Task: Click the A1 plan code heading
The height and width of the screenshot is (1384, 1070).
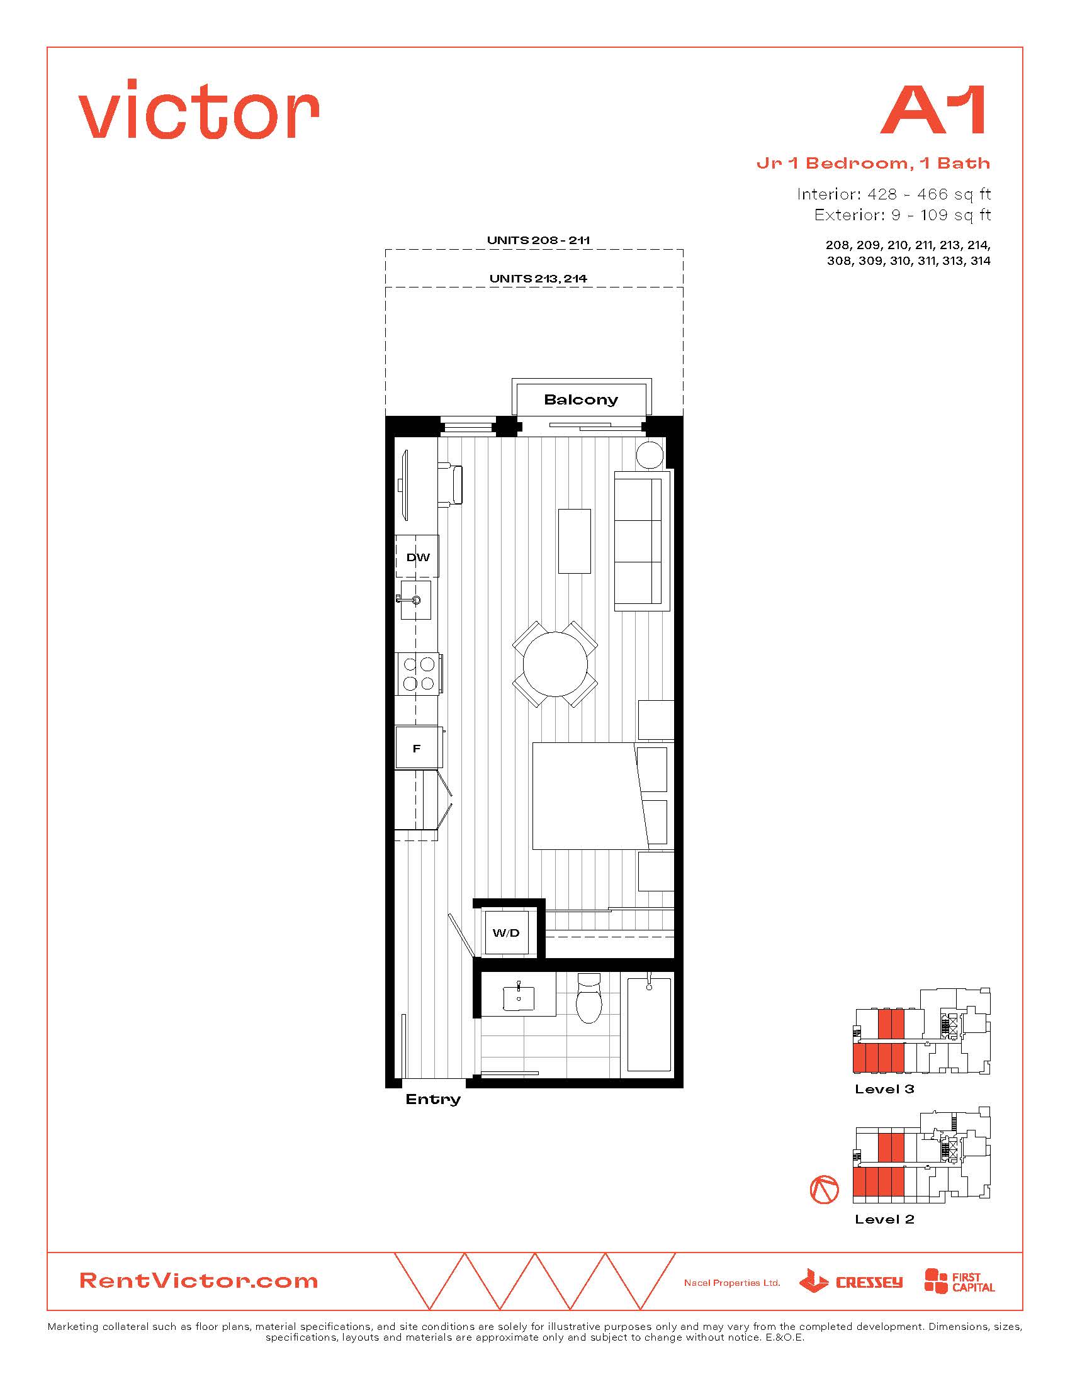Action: [x=933, y=110]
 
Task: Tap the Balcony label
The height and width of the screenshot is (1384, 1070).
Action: [x=581, y=400]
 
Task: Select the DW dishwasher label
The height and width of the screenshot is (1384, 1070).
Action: [x=418, y=557]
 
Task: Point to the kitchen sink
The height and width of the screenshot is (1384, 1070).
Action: [x=416, y=600]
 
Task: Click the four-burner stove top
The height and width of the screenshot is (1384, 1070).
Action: [x=419, y=674]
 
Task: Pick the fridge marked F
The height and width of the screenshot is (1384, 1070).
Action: [x=417, y=749]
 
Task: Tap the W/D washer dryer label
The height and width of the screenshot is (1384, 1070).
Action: [x=506, y=933]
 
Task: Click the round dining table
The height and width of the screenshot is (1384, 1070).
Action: [x=555, y=664]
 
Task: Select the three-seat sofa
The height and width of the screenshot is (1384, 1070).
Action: [x=642, y=541]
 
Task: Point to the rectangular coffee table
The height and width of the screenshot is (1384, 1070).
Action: [x=574, y=541]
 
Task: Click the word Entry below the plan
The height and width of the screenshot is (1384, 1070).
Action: [x=433, y=1100]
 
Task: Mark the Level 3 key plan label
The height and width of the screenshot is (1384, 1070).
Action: [x=884, y=1090]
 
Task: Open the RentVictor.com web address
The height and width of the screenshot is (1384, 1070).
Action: [x=198, y=1281]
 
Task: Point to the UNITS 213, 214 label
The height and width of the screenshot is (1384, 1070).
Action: [x=538, y=278]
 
